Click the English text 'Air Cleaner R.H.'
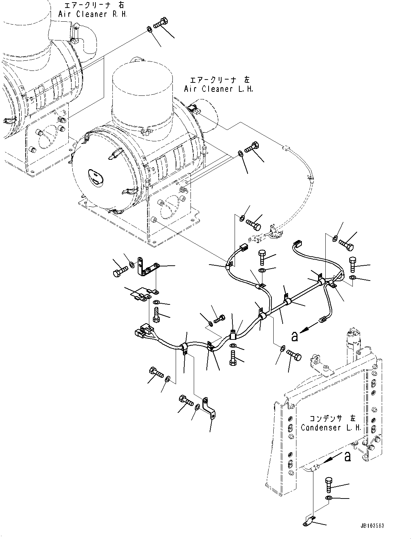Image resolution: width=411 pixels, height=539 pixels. point(93,14)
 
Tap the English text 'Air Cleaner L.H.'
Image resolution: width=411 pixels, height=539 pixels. point(218,89)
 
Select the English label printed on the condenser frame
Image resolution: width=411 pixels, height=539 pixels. point(331,427)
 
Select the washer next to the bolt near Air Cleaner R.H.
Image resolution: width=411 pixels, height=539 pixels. point(149,29)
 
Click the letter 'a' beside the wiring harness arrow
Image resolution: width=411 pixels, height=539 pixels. point(295,337)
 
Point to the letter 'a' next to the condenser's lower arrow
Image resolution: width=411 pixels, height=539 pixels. point(347,457)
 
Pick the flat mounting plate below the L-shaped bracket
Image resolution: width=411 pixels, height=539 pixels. point(141,293)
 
